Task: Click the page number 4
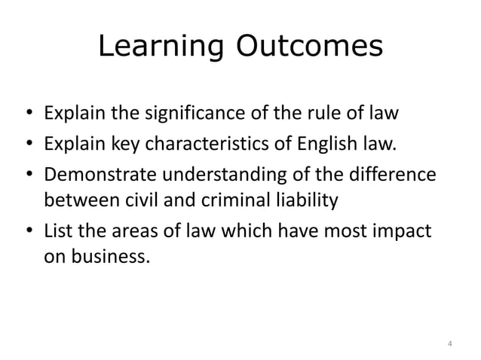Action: click(449, 344)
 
